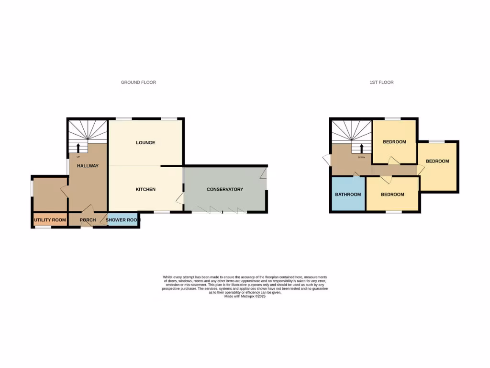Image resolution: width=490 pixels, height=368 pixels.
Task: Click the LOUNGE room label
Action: click(x=145, y=143)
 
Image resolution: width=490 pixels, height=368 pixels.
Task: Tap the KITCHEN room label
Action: click(x=145, y=190)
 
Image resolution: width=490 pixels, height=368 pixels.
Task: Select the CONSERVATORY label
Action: click(x=225, y=190)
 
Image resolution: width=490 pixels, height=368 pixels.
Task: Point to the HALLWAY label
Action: click(x=88, y=166)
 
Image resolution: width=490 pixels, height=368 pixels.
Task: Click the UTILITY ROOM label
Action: click(x=50, y=220)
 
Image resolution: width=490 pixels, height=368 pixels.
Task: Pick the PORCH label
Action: click(x=88, y=220)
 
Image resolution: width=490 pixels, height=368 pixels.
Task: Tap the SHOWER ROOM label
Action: click(x=122, y=220)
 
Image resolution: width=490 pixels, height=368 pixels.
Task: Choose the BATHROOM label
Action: click(x=348, y=195)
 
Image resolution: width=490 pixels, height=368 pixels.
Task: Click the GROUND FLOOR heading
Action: click(x=138, y=82)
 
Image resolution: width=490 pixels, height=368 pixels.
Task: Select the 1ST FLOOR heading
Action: click(x=381, y=82)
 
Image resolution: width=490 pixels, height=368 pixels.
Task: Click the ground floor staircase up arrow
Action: click(x=78, y=147)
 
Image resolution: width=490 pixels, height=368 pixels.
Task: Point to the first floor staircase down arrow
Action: click(x=362, y=149)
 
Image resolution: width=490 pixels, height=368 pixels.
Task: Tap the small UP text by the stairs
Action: click(x=78, y=157)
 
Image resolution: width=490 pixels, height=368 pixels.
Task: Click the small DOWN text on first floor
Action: click(x=362, y=157)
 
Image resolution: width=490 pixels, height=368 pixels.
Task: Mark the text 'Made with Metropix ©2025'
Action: click(x=245, y=296)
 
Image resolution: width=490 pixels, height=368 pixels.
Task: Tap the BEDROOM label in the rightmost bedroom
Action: click(x=438, y=161)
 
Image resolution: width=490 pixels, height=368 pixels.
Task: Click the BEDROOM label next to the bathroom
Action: click(x=392, y=195)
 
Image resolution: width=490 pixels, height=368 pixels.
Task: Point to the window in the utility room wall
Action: click(x=43, y=227)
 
